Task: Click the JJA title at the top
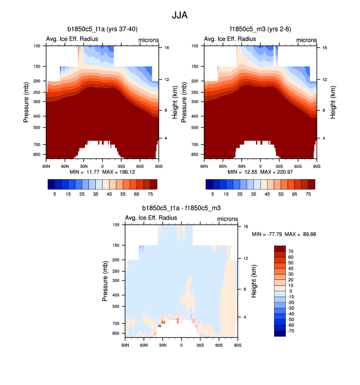tap(180, 15)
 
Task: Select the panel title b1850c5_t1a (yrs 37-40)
tap(102, 29)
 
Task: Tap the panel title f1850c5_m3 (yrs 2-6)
tap(260, 29)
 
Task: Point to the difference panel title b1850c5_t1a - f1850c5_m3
tap(181, 208)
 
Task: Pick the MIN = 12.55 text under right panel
tap(243, 173)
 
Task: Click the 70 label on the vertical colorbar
tap(291, 251)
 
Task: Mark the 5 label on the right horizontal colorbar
tap(213, 194)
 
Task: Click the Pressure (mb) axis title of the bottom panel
tap(106, 281)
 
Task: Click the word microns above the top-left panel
tap(148, 39)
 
